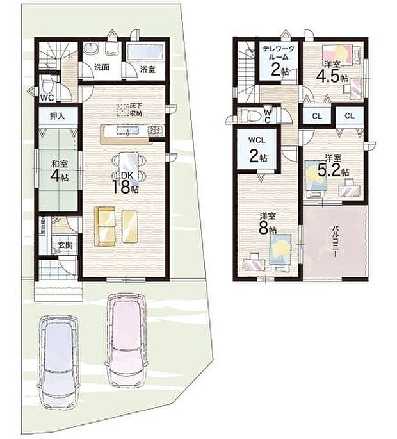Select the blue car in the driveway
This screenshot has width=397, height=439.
[x=59, y=360]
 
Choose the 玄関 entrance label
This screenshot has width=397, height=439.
[x=65, y=245]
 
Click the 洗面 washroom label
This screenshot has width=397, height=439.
[x=101, y=67]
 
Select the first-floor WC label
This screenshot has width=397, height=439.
[x=46, y=98]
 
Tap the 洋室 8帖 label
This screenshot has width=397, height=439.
[x=268, y=222]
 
